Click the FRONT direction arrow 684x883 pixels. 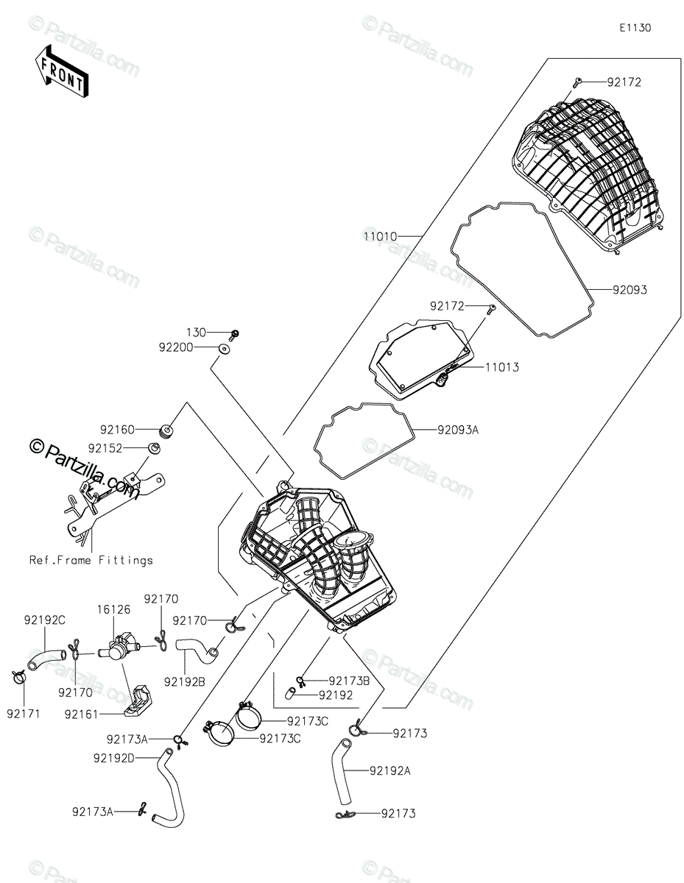[x=61, y=73]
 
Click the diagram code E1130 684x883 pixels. [x=635, y=28]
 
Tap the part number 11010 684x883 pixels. [x=380, y=236]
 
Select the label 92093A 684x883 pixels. [x=458, y=430]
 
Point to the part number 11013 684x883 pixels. [x=502, y=367]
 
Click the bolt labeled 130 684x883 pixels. [x=234, y=336]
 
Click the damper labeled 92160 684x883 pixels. [x=166, y=430]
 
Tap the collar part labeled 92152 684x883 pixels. [x=155, y=449]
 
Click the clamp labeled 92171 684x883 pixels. [x=18, y=676]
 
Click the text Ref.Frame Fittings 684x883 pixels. [x=91, y=561]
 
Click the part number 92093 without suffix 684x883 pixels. [x=630, y=290]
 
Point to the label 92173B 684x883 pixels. [x=349, y=681]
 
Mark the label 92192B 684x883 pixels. [x=185, y=682]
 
